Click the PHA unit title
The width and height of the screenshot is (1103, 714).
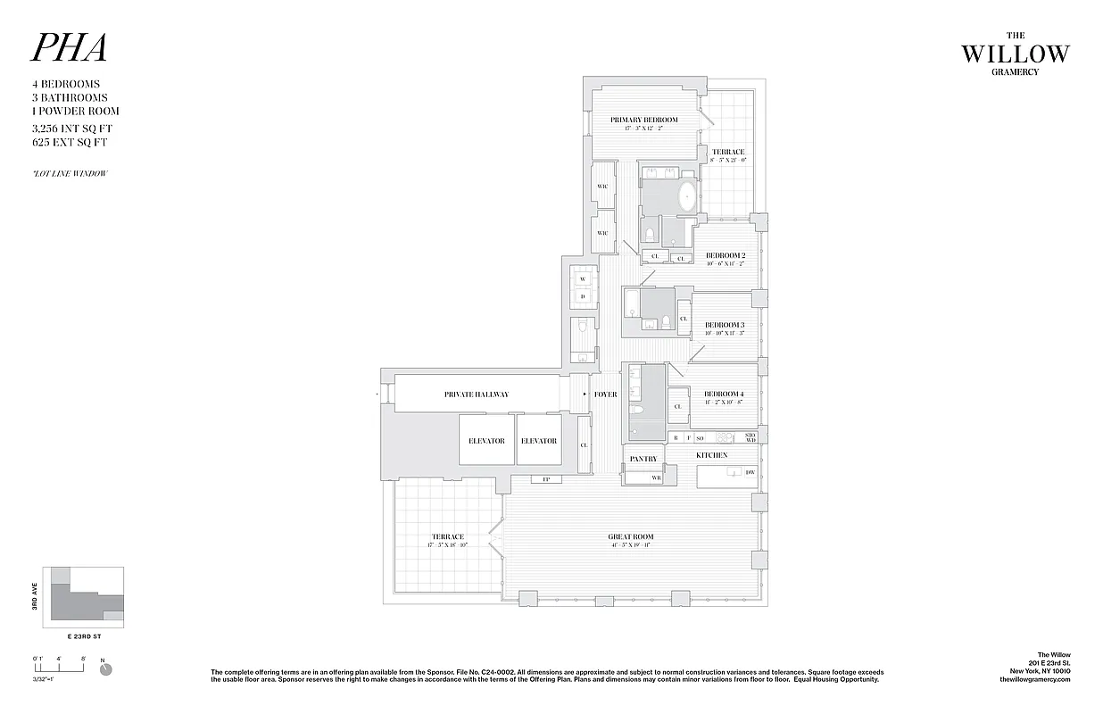coord(70,49)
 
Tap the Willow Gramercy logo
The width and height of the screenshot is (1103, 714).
coord(1014,55)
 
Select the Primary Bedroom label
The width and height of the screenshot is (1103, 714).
coord(643,120)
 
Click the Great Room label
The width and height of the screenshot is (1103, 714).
coord(630,537)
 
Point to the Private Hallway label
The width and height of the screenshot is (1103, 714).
coord(477,394)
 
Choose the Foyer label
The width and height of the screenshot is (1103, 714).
coord(605,394)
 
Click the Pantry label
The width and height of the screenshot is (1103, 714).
coord(643,459)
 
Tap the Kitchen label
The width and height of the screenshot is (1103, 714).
coord(711,455)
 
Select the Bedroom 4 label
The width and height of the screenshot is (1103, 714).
coord(724,394)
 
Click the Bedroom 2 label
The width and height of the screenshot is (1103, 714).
coord(725,255)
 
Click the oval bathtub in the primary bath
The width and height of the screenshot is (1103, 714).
coord(686,197)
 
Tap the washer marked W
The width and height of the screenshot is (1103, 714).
coord(583,278)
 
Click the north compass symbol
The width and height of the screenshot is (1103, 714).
coord(106,668)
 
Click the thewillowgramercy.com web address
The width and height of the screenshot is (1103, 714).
coord(1035,679)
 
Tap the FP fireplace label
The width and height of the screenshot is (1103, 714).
coord(545,479)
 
